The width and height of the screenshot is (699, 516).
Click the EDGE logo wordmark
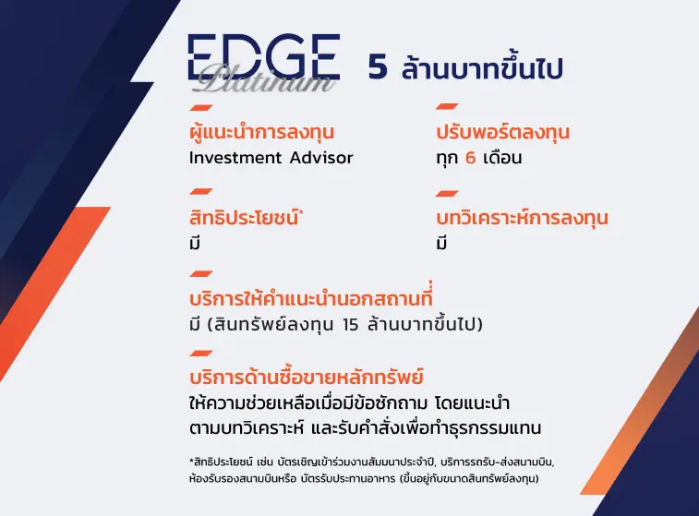click(x=264, y=56)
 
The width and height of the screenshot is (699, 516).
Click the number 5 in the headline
click(x=378, y=67)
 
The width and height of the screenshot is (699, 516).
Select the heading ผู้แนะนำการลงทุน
click(x=261, y=131)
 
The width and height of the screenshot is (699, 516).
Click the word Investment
click(x=235, y=158)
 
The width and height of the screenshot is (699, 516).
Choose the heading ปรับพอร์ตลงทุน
click(x=503, y=132)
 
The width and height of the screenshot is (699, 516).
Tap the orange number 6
click(x=470, y=158)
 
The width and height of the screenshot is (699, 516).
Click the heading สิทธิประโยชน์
click(x=244, y=217)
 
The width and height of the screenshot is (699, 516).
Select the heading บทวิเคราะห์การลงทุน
click(x=522, y=218)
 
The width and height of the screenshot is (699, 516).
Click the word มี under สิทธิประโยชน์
click(x=194, y=243)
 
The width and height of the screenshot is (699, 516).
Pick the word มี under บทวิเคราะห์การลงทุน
click(x=441, y=243)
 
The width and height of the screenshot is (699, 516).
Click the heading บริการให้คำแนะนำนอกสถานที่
click(x=310, y=296)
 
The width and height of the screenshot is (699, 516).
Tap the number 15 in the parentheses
click(x=351, y=325)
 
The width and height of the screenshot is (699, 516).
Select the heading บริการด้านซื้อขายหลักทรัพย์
click(x=307, y=377)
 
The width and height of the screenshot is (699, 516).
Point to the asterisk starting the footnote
click(x=191, y=461)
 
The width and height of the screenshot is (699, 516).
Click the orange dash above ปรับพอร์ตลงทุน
click(x=447, y=106)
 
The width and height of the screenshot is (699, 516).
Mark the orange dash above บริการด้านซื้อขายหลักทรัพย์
click(x=200, y=354)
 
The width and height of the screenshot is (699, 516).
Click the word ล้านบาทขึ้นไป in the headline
click(x=482, y=68)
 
